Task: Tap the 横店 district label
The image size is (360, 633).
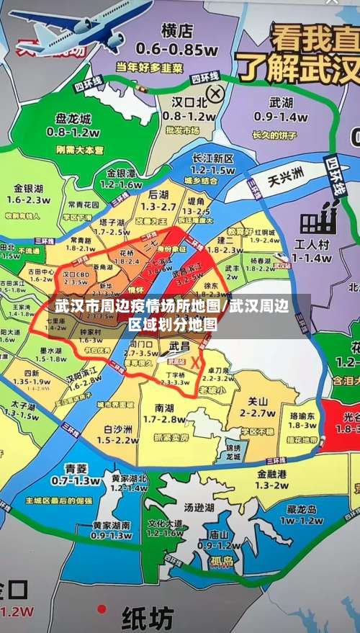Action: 178,31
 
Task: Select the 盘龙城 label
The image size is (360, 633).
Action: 73,119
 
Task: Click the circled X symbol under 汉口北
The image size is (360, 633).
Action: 215,93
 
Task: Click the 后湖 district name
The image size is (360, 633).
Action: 158,194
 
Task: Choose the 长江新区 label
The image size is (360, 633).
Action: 214,158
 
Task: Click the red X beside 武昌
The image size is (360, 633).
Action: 194,363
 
